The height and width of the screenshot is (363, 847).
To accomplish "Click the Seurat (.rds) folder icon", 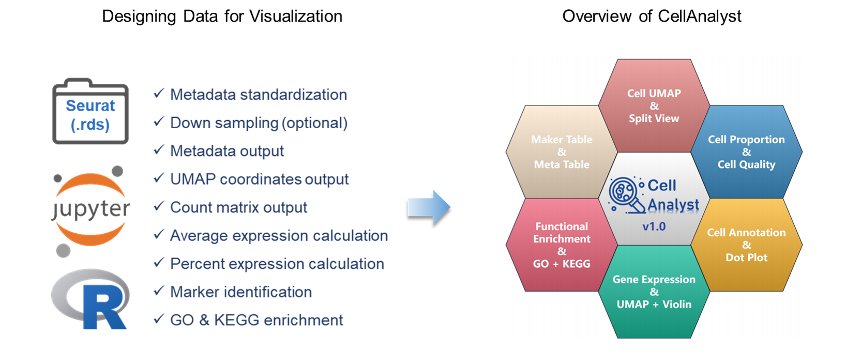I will pos(90,112).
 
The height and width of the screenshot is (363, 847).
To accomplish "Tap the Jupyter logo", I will pos(91,209).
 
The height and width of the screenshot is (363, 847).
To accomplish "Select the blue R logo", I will pos(91,298).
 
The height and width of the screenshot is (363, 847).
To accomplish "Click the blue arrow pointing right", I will pos(429,207).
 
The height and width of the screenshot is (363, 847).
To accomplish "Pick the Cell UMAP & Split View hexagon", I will pos(654,106).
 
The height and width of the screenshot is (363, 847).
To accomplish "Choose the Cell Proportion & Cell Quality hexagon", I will pos(746,152).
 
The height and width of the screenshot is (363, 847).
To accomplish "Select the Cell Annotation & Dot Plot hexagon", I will pos(746,245).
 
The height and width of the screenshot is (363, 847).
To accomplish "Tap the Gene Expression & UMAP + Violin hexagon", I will pos(654,292).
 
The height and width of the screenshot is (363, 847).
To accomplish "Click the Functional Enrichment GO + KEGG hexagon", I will pos(562,245).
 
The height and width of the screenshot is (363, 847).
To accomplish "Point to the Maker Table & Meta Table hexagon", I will pos(562,152).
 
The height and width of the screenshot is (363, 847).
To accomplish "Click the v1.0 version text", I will pos(654,226).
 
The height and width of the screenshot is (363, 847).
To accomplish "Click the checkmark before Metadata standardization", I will pos(159,94).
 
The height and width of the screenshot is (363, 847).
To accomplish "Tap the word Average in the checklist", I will pos(199,236).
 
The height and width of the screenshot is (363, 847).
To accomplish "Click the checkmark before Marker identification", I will pos(159,291).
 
